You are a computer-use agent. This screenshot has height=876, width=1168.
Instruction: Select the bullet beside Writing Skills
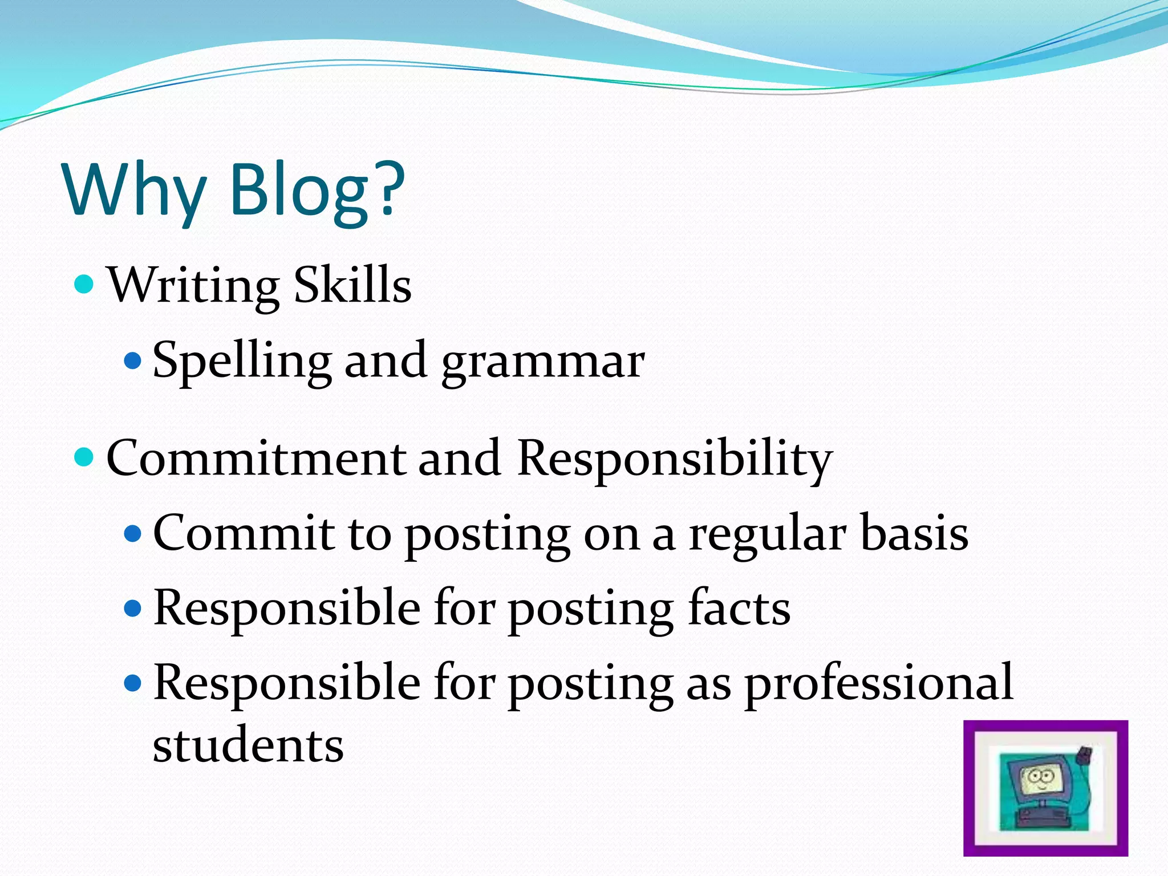pos(84,283)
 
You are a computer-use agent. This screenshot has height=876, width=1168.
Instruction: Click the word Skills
pos(352,285)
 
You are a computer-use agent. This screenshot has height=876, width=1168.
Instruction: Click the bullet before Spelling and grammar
pos(132,360)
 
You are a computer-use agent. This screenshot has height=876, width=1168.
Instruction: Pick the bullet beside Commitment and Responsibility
pos(84,457)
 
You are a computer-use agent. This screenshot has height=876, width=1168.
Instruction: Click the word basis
pos(914,533)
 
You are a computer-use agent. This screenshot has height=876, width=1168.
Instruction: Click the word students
pos(248,745)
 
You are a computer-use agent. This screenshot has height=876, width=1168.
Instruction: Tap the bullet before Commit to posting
pos(132,534)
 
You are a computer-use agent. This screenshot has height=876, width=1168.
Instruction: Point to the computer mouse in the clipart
pos(1083,756)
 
